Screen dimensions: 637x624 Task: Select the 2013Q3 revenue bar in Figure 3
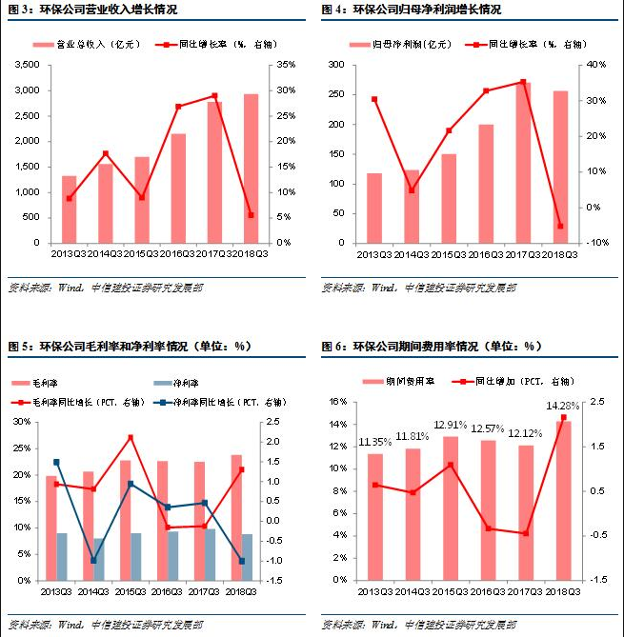[70, 209]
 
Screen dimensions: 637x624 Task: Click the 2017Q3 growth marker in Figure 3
[214, 96]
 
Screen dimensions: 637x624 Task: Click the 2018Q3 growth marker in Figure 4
[560, 227]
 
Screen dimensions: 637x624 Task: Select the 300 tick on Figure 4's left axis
[334, 65]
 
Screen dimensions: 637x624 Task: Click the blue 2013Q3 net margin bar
[62, 556]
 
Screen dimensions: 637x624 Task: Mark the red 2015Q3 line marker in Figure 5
[130, 437]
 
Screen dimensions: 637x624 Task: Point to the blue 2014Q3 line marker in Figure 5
[93, 561]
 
